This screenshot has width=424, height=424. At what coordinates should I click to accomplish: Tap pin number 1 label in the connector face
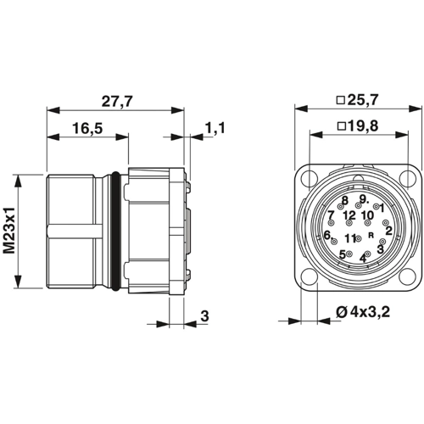point(382,207)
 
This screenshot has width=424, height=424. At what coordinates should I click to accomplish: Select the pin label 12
point(349,215)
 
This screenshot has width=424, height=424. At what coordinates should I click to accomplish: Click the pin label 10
point(367,215)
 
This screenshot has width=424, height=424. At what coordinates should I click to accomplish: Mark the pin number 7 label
point(331,215)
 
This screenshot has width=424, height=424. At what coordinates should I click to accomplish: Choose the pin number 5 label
point(342,254)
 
